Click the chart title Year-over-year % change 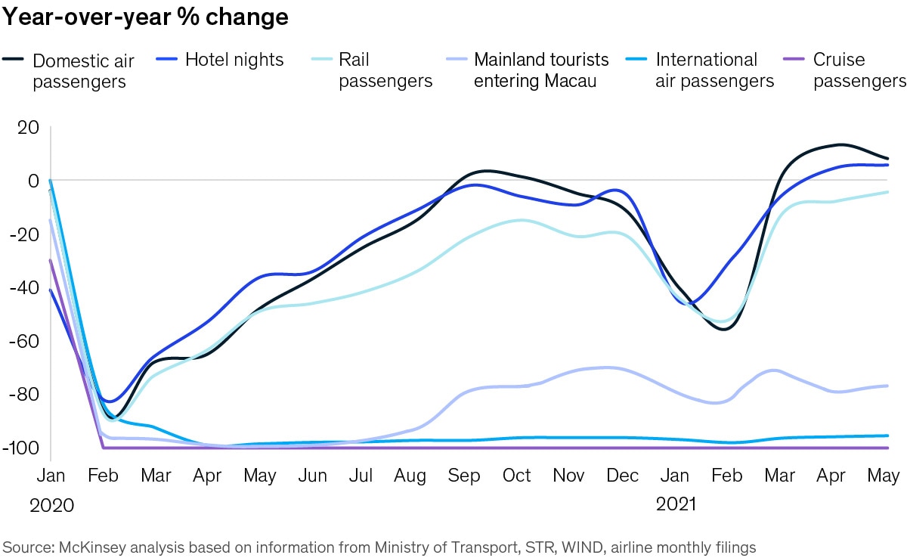(x=145, y=17)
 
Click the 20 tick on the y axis (x=28, y=127)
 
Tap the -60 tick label (x=24, y=341)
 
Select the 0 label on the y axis (x=33, y=181)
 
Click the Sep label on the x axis (x=464, y=476)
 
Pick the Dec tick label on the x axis (x=623, y=476)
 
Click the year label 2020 (x=51, y=506)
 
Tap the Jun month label (x=312, y=476)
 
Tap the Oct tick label (x=517, y=476)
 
